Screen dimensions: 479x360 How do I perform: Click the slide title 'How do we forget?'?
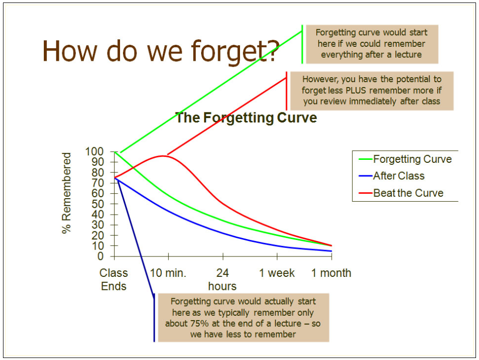pyautogui.click(x=161, y=51)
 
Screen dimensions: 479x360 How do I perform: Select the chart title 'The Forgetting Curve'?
pyautogui.click(x=246, y=118)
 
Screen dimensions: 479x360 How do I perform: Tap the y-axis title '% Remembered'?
pyautogui.click(x=66, y=193)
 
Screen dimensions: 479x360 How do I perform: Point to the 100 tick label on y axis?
pyautogui.click(x=95, y=151)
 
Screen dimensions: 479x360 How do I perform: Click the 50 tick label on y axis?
pyautogui.click(x=98, y=204)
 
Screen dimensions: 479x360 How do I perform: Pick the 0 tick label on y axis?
pyautogui.click(x=101, y=256)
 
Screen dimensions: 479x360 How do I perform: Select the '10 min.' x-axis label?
pyautogui.click(x=168, y=273)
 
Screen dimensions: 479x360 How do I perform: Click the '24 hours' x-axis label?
pyautogui.click(x=223, y=279)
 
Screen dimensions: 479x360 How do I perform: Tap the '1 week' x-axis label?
pyautogui.click(x=277, y=273)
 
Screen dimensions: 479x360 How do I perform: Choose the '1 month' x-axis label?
pyautogui.click(x=331, y=273)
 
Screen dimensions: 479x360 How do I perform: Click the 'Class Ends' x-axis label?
pyautogui.click(x=114, y=279)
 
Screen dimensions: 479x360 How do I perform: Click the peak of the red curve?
pyautogui.click(x=162, y=156)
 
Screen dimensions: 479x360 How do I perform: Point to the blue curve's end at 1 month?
pyautogui.click(x=332, y=251)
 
